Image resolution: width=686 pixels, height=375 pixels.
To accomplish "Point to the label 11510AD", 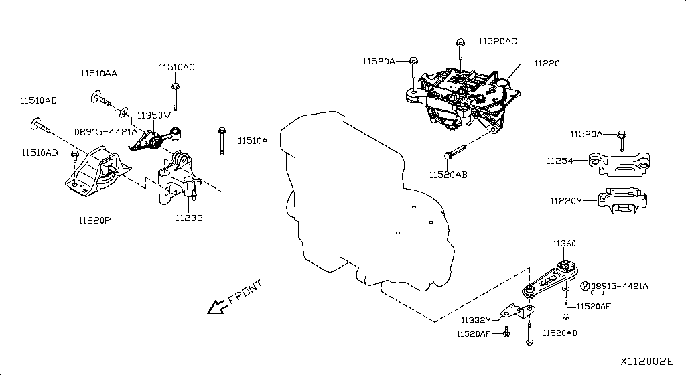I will click(38, 101).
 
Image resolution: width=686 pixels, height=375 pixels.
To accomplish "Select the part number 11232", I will click(189, 218).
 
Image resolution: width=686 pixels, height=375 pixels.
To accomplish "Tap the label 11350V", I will click(155, 115).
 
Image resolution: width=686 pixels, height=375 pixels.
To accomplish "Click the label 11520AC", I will click(497, 41).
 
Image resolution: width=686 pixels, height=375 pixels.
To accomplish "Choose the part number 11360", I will click(564, 244).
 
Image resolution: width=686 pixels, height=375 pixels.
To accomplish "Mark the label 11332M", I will click(476, 320).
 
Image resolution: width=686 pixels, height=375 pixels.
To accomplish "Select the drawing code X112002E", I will click(647, 361).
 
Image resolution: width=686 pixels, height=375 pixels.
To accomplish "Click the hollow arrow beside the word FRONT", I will click(216, 307).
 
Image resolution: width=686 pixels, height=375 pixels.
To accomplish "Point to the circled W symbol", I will click(585, 286).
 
